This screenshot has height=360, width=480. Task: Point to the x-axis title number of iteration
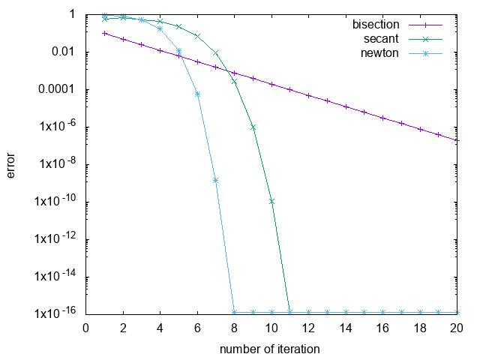point(270,349)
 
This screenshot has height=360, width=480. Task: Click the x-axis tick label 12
point(308,328)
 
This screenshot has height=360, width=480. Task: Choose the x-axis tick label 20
point(457,328)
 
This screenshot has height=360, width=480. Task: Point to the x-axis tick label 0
point(85,328)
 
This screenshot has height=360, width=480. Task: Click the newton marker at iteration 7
point(215,180)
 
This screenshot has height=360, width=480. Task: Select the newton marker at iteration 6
point(197,94)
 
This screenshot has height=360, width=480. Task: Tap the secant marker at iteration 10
point(271,201)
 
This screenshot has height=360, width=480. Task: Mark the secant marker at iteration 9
point(253,127)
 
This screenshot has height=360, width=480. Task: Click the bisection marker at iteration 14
point(346,106)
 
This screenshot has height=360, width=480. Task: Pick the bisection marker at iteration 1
point(104,33)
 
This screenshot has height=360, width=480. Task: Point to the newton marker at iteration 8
point(234,312)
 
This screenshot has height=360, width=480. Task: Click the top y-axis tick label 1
point(72,14)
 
